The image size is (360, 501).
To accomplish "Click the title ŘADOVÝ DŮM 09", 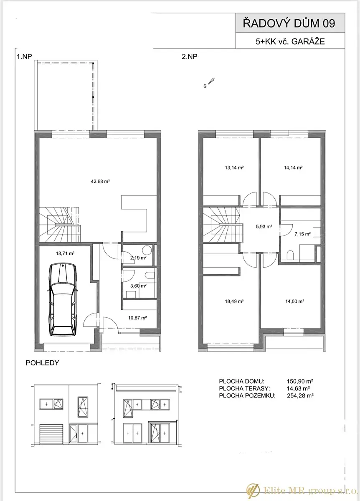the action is click(x=289, y=23).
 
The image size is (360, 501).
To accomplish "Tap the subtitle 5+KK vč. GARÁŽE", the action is click(x=290, y=42).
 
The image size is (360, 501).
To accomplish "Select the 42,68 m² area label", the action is click(x=100, y=181).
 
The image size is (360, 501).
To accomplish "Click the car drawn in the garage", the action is click(x=63, y=300).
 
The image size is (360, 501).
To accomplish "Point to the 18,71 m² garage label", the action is click(x=65, y=254).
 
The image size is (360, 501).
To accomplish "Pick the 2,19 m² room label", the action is click(x=138, y=258).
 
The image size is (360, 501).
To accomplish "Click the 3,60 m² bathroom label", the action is click(x=138, y=286).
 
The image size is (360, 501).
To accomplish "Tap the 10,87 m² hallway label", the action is click(x=137, y=318).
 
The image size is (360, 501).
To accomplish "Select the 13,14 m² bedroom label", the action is click(x=234, y=167).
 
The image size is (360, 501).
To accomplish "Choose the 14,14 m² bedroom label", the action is click(x=293, y=167).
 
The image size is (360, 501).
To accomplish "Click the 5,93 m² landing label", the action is click(x=264, y=227).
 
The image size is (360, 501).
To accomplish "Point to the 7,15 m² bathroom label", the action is click(x=302, y=234).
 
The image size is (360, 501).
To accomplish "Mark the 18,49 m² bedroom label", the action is click(x=234, y=301).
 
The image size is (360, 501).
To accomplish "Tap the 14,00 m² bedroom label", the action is click(x=294, y=301).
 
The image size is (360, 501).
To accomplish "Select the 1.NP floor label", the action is click(x=24, y=57).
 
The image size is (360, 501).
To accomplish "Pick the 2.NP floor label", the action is click(x=190, y=57).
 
